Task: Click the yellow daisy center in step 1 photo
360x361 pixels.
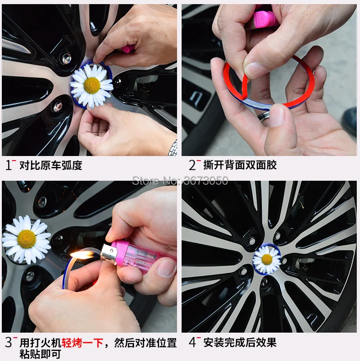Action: (x=92, y=86)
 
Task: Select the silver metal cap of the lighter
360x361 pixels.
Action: (x=109, y=254)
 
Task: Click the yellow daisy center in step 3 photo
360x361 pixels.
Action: (x=27, y=239)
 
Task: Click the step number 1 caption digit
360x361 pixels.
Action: (x=9, y=165)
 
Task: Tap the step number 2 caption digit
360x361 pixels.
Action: (x=192, y=165)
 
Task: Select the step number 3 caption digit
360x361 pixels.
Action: (x=8, y=342)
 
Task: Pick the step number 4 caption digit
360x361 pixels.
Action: (x=193, y=342)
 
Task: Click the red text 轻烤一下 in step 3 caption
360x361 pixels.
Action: (x=82, y=343)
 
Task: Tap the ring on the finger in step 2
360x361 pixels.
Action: (x=263, y=116)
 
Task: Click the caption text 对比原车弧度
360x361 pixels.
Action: (x=51, y=165)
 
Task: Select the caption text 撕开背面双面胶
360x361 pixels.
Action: (x=240, y=165)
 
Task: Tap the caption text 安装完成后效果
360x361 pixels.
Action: (x=240, y=343)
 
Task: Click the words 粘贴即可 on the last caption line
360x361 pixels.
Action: (x=40, y=354)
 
